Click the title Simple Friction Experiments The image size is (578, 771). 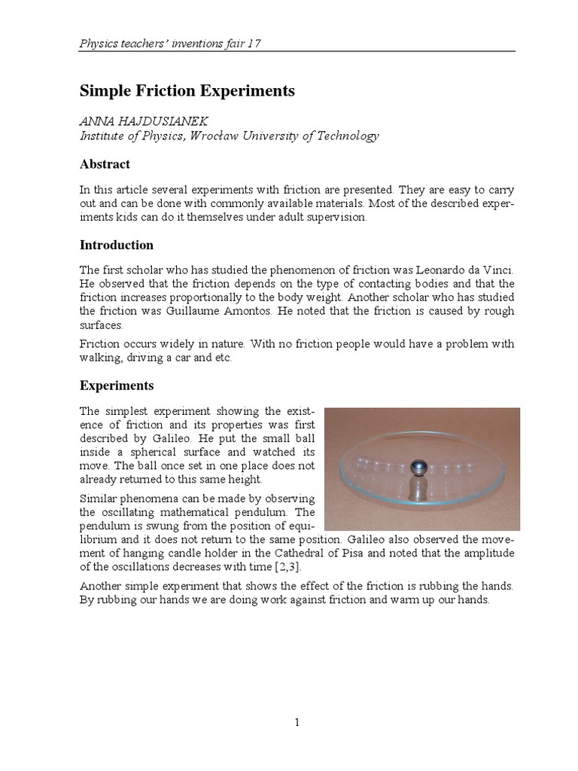pos(187,91)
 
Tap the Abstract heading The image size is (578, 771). pos(105,164)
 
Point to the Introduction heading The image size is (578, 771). pos(117,245)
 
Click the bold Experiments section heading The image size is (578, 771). pos(117,385)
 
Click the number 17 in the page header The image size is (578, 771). pos(253,43)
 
